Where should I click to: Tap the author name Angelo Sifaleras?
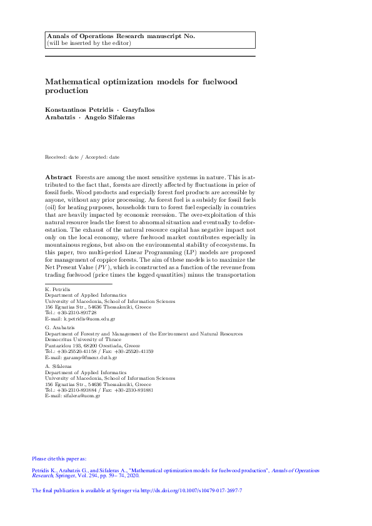[x=109, y=117]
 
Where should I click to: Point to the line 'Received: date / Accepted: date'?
[x=83, y=157]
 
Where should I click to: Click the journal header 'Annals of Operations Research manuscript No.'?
[x=121, y=36]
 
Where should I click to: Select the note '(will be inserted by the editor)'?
[x=89, y=43]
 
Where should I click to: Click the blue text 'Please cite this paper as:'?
[x=59, y=459]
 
